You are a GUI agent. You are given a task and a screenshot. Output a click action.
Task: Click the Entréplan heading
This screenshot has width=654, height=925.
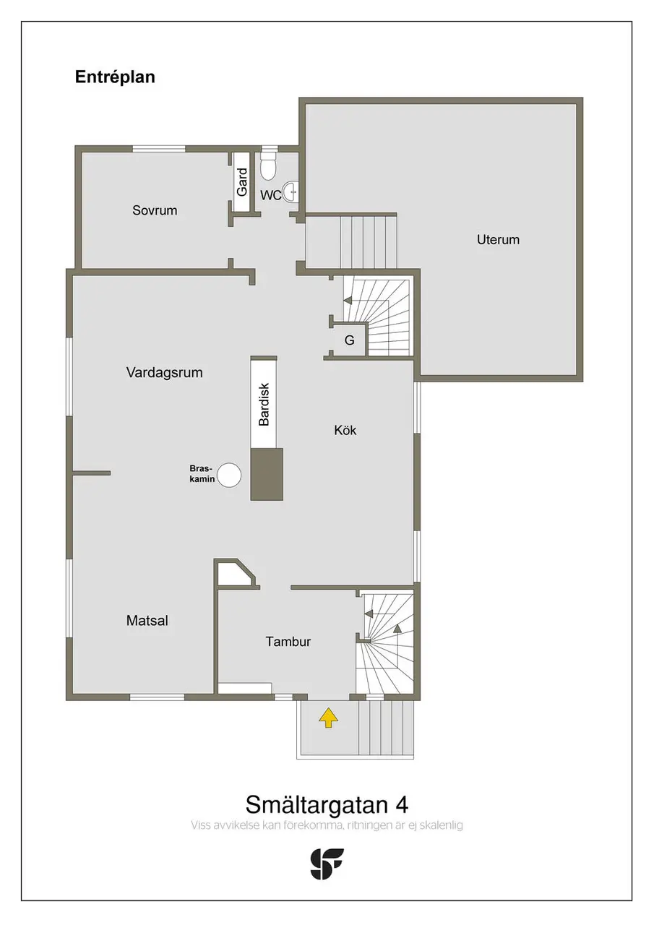(115, 77)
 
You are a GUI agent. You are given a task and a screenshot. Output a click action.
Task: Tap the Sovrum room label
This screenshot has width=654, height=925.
(155, 210)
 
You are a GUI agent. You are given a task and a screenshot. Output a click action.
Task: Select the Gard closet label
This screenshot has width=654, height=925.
(242, 181)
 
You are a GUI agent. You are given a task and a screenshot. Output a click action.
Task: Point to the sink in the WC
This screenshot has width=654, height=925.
(291, 192)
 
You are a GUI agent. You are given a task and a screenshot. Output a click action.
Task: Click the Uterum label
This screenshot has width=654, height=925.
(498, 239)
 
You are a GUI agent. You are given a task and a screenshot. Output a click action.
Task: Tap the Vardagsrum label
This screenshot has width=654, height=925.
(164, 372)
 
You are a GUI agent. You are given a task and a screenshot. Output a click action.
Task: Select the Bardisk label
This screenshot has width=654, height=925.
(264, 404)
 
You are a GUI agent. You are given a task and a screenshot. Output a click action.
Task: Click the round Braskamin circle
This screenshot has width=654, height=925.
(229, 476)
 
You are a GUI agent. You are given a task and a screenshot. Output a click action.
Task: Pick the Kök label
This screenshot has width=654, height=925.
(345, 430)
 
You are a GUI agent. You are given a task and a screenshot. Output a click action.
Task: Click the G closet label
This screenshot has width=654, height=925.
(349, 340)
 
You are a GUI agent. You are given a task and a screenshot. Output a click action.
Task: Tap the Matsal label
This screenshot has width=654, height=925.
(147, 621)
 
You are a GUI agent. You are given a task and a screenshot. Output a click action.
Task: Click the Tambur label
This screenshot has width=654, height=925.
(288, 641)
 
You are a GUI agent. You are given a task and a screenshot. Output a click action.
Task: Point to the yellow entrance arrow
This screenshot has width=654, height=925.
(328, 718)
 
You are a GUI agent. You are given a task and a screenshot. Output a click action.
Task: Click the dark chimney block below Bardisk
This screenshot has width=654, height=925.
(267, 474)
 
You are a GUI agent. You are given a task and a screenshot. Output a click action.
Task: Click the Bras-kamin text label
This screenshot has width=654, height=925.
(202, 473)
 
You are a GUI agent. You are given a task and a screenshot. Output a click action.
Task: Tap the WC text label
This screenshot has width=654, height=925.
(270, 195)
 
